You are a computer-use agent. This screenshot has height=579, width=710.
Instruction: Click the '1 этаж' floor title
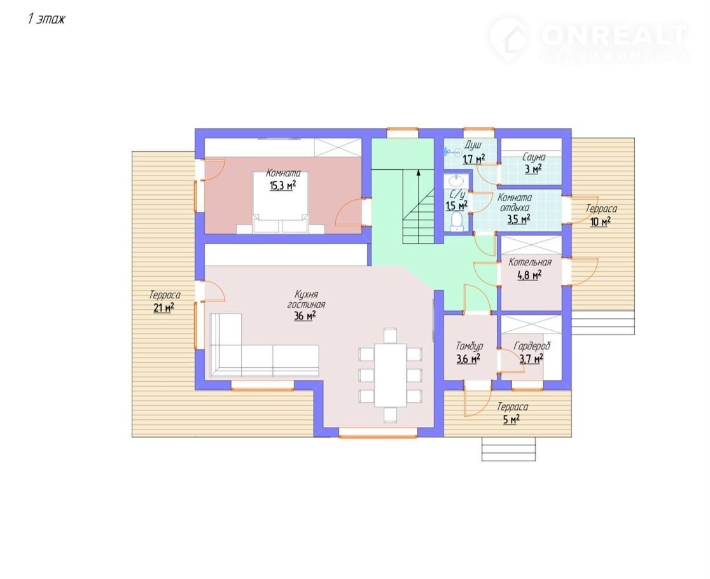[46, 19]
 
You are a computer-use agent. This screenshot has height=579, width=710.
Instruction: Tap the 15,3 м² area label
[282, 185]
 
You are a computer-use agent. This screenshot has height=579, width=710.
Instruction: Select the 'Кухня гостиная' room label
[306, 299]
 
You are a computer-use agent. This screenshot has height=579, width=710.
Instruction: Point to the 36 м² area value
[305, 316]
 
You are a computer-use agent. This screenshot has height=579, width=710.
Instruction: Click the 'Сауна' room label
[534, 157]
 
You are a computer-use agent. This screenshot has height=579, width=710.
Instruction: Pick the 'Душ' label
[473, 145]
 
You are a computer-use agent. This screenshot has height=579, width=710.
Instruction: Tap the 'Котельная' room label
[530, 262]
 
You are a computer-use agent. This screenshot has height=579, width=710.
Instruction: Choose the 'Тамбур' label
[469, 346]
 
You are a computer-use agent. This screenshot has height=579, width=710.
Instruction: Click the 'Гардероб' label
[532, 346]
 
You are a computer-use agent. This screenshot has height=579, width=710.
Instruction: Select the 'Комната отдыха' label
[515, 203]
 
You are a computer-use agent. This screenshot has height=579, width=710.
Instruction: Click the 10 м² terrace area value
[601, 222]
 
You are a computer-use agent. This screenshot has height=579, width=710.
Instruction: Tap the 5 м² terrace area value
[512, 420]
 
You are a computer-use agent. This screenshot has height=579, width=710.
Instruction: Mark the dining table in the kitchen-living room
[390, 375]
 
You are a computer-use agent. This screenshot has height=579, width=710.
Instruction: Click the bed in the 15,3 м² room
[281, 202]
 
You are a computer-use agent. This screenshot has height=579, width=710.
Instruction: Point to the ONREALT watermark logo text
[613, 35]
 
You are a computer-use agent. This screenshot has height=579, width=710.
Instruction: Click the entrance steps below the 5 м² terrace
[508, 449]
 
